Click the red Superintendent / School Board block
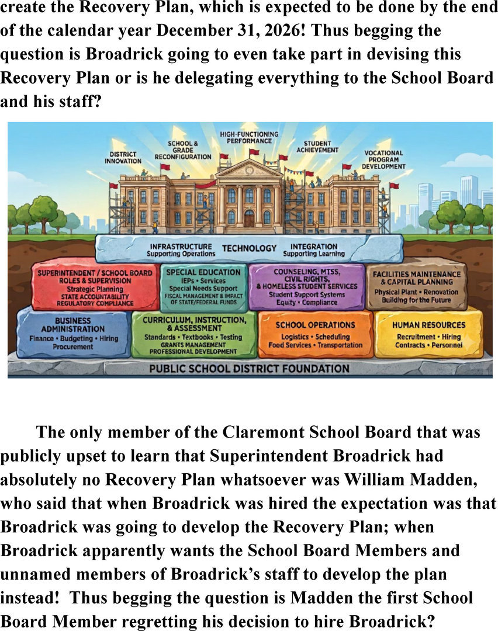(x=95, y=286)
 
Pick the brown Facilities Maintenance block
(x=416, y=286)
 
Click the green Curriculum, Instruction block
(x=195, y=335)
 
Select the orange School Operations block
(x=315, y=334)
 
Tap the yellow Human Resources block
(x=429, y=334)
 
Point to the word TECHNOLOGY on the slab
(x=249, y=248)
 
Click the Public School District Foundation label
(x=249, y=368)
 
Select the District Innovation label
(x=123, y=158)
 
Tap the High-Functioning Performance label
(x=249, y=138)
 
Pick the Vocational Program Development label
(x=383, y=160)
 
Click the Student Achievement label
(x=317, y=147)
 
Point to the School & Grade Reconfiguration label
(x=183, y=150)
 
